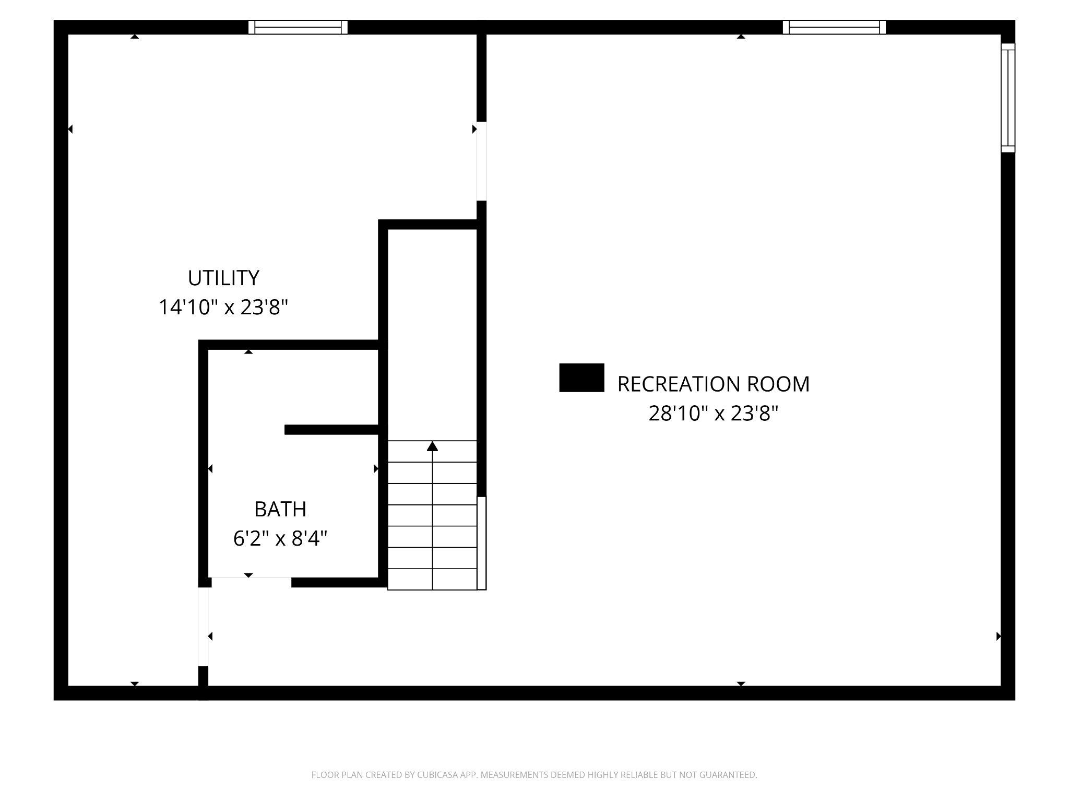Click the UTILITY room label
click(x=223, y=278)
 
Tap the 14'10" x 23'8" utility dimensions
click(x=223, y=307)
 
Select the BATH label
click(x=280, y=509)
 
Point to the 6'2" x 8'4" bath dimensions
click(x=280, y=538)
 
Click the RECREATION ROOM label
click(x=713, y=384)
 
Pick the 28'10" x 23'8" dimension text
click(x=713, y=414)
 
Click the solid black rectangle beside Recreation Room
click(x=581, y=378)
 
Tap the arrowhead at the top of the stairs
click(x=432, y=446)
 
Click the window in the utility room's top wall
click(x=298, y=27)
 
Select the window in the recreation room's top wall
click(x=834, y=27)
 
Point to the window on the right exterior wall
click(x=1008, y=98)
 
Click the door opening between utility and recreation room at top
click(x=481, y=161)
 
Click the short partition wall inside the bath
click(x=331, y=430)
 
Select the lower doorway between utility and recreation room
click(x=204, y=627)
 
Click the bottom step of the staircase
click(x=432, y=580)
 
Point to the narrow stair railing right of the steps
click(x=482, y=543)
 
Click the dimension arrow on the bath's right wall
click(x=376, y=469)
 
